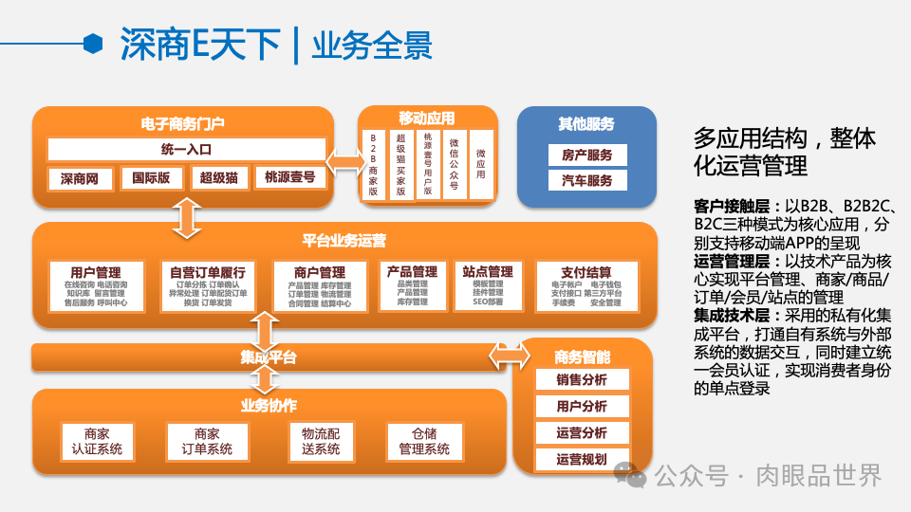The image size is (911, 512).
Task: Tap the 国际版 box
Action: click(x=151, y=178)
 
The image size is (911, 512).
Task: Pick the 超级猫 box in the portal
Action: click(x=218, y=178)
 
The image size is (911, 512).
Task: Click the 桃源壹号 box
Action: click(x=290, y=177)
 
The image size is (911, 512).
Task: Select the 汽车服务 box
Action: click(x=586, y=180)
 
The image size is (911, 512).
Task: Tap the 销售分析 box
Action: click(x=582, y=380)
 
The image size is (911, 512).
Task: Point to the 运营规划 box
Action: click(x=582, y=460)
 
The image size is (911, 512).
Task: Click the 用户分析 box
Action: click(x=582, y=407)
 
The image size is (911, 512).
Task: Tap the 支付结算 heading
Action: click(x=586, y=272)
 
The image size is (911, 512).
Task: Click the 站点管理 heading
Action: click(x=487, y=272)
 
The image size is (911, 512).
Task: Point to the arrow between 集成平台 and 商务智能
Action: click(x=510, y=356)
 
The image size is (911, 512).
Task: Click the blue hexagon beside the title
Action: click(x=93, y=44)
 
